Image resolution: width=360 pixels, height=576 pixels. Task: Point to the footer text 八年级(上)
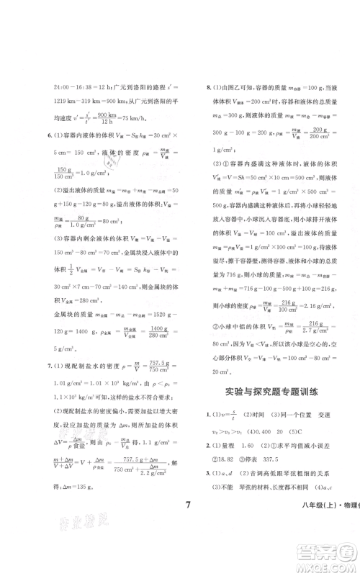pyautogui.click(x=302, y=523)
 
